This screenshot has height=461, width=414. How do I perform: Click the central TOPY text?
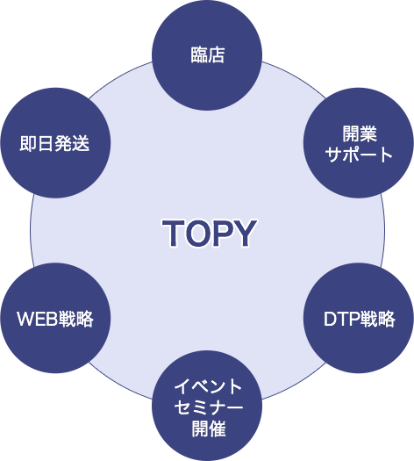pyautogui.click(x=210, y=233)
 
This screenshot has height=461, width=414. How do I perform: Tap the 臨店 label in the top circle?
pyautogui.click(x=208, y=55)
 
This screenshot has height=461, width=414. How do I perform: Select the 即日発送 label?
pyautogui.click(x=54, y=143)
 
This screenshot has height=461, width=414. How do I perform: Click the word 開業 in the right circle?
pyautogui.click(x=360, y=133)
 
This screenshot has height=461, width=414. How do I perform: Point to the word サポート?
pyautogui.click(x=359, y=155)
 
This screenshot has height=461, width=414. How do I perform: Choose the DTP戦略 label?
pyautogui.click(x=359, y=319)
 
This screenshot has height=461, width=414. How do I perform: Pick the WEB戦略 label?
pyautogui.click(x=55, y=319)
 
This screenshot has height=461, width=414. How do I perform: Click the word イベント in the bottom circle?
pyautogui.click(x=208, y=386)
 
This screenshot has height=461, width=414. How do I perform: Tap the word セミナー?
pyautogui.click(x=209, y=407)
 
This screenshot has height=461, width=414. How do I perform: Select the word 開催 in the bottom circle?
pyautogui.click(x=209, y=429)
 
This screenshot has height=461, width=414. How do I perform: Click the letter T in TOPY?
pyautogui.click(x=174, y=233)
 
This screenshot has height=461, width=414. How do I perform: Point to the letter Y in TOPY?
pyautogui.click(x=245, y=233)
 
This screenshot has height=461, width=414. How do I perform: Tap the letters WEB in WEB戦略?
pyautogui.click(x=38, y=319)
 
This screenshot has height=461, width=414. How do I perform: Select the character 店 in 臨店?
pyautogui.click(x=217, y=55)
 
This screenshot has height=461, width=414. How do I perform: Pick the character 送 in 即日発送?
pyautogui.click(x=81, y=143)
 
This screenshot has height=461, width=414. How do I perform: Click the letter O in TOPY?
pyautogui.click(x=198, y=233)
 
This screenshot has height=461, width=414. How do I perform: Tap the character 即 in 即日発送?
pyautogui.click(x=28, y=143)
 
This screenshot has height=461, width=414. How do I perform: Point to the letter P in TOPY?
pyautogui.click(x=223, y=233)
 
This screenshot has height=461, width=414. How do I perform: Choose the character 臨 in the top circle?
pyautogui.click(x=199, y=55)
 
